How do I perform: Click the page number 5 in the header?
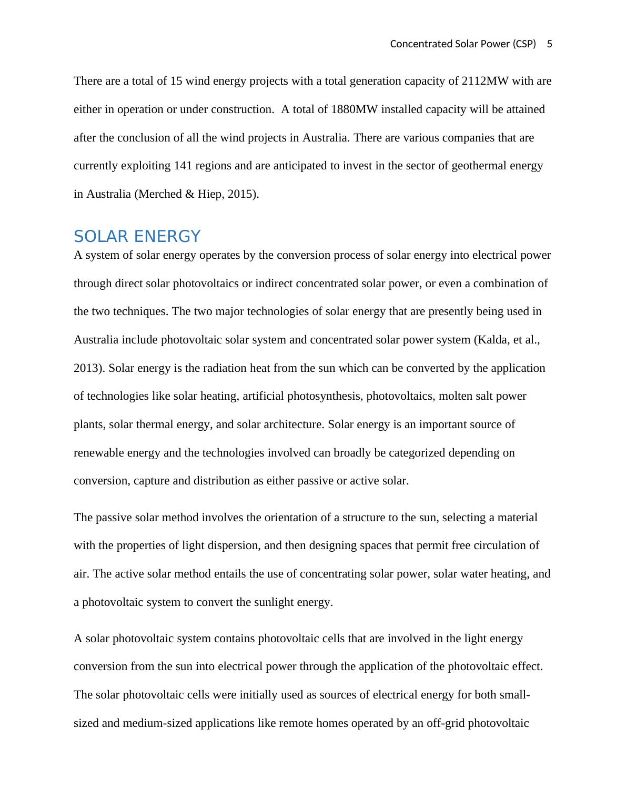(550, 44)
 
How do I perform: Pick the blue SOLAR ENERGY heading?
(137, 236)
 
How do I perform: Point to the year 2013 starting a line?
(87, 368)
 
